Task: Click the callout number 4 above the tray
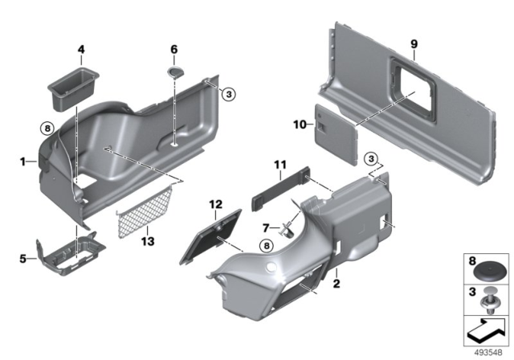click(80, 50)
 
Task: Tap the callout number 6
click(174, 50)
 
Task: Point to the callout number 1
click(24, 162)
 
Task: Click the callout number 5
click(22, 259)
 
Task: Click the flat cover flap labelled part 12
click(209, 233)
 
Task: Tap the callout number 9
click(414, 45)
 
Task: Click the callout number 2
click(337, 284)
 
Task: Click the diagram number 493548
click(487, 351)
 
